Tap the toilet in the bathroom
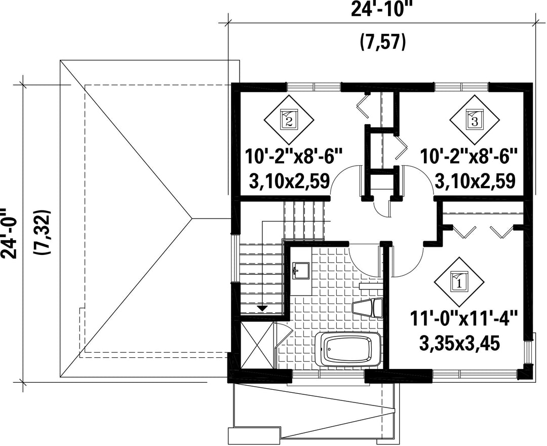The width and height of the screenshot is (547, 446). [x=368, y=308]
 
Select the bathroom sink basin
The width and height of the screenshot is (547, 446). [x=301, y=271]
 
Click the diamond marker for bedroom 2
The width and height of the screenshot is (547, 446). [x=289, y=120]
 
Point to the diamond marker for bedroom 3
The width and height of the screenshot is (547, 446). [x=475, y=120]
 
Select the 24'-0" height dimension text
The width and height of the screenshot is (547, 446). [x=9, y=233]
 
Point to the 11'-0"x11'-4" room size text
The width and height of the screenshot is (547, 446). [x=463, y=319]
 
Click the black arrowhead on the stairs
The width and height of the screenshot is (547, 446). [x=262, y=308]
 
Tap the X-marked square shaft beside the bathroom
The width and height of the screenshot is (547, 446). [x=257, y=345]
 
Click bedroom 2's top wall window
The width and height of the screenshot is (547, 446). [x=314, y=86]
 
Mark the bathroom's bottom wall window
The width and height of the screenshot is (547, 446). [x=328, y=374]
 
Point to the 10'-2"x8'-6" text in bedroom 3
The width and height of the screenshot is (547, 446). [x=468, y=156]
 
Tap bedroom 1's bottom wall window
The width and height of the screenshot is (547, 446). [x=475, y=374]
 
